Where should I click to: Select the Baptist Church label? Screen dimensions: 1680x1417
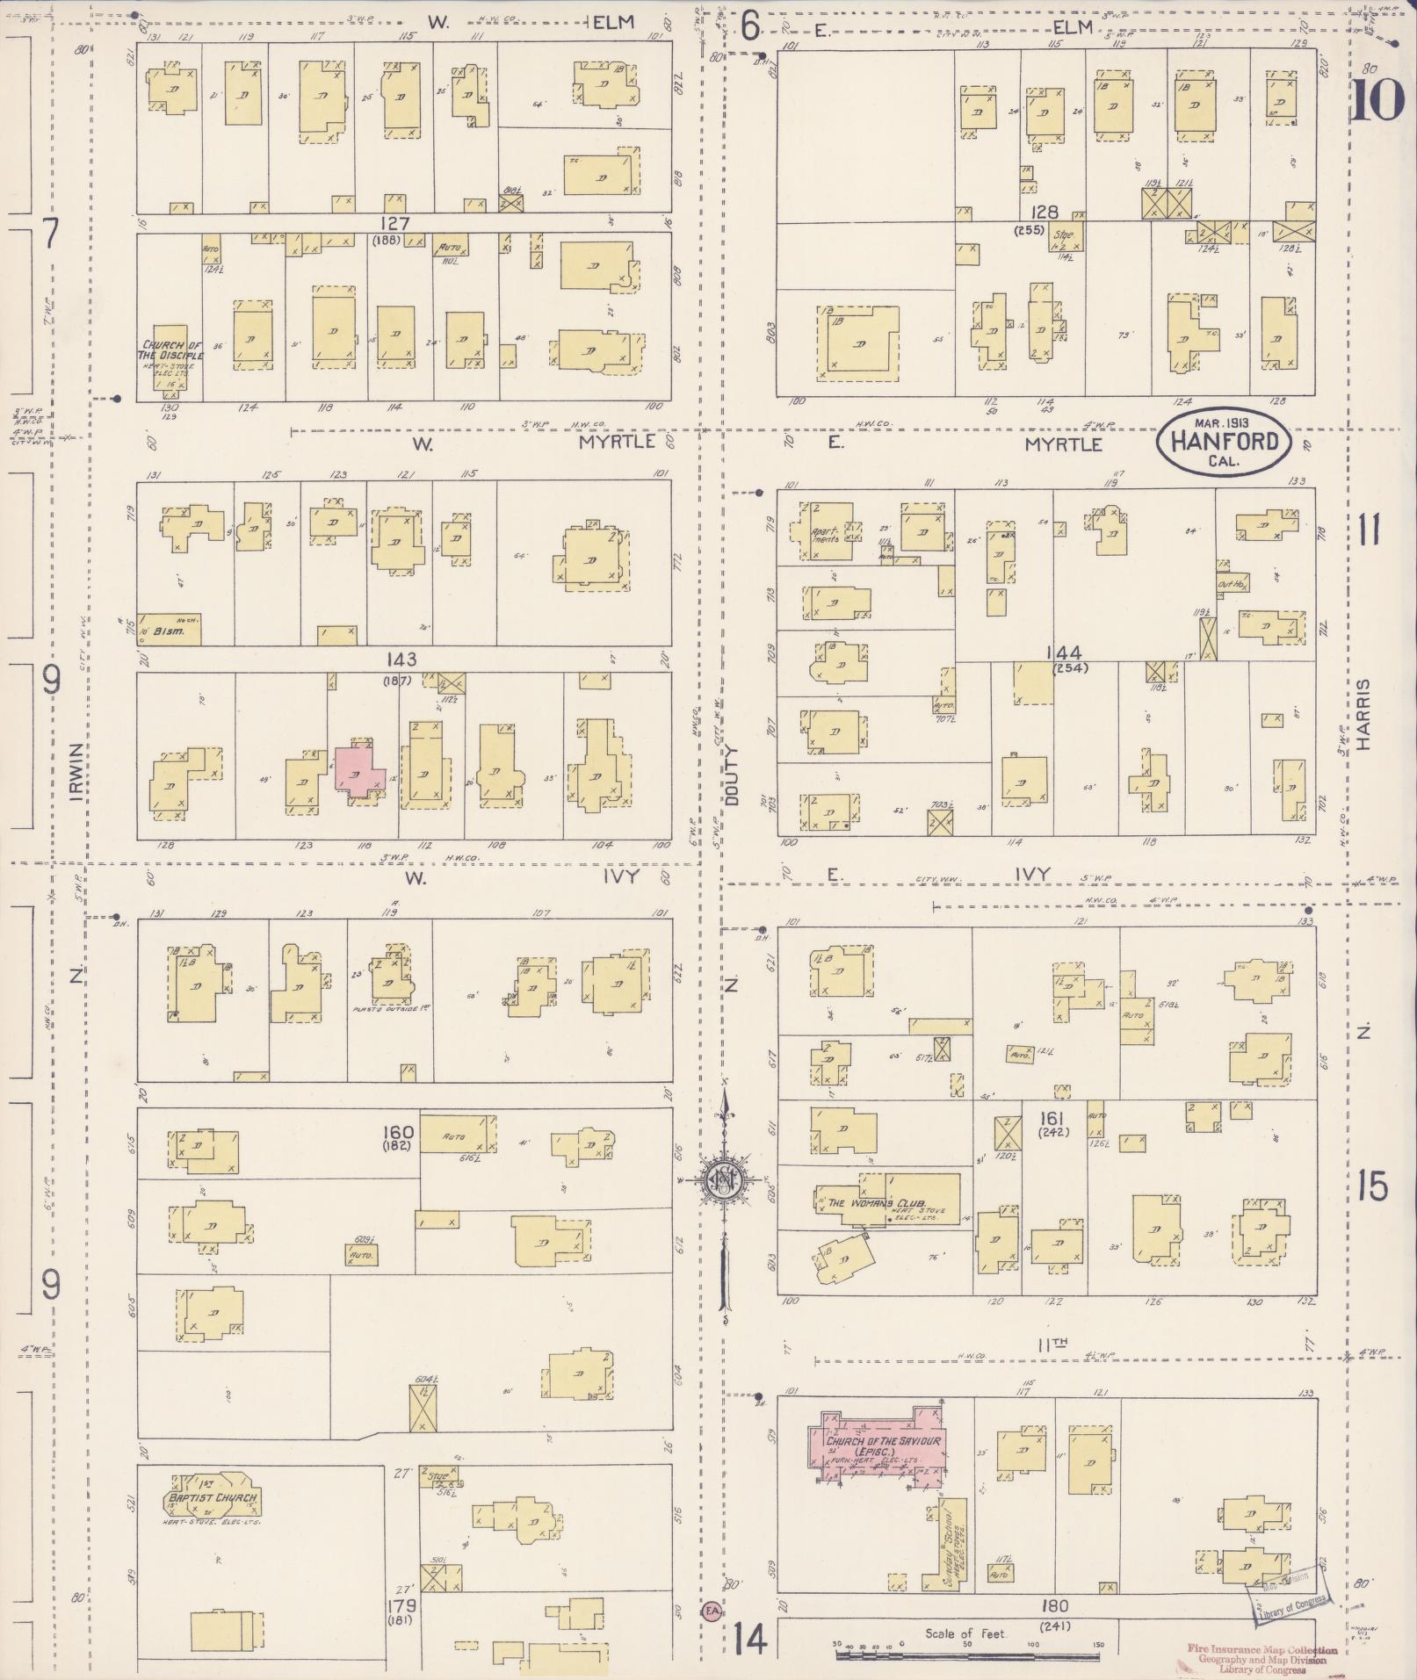pos(213,1496)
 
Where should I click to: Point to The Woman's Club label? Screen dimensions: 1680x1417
pos(871,1203)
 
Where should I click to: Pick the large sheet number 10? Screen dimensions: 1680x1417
pos(1377,100)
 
